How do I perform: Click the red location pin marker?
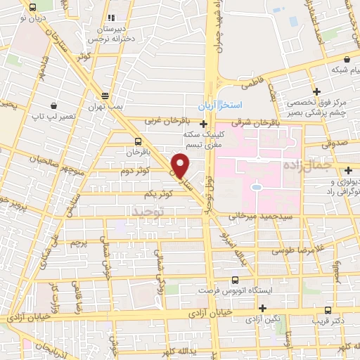[181, 165]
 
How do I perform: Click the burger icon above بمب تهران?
[105, 96]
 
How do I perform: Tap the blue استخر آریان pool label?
[221, 105]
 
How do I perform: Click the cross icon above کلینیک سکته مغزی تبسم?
[204, 124]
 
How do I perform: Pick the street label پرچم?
[79, 243]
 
